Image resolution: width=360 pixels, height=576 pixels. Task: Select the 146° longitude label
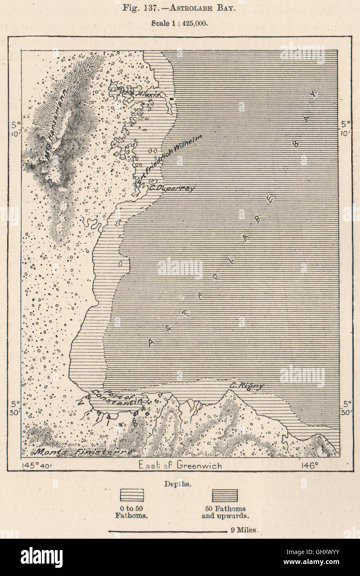pos(309,465)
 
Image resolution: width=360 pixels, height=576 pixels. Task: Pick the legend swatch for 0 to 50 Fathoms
pos(132,495)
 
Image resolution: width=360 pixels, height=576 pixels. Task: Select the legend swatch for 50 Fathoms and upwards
pos(225,495)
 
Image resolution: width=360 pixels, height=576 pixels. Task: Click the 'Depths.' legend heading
pos(178,484)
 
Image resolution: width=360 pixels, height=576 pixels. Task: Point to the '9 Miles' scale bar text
pos(244,530)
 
